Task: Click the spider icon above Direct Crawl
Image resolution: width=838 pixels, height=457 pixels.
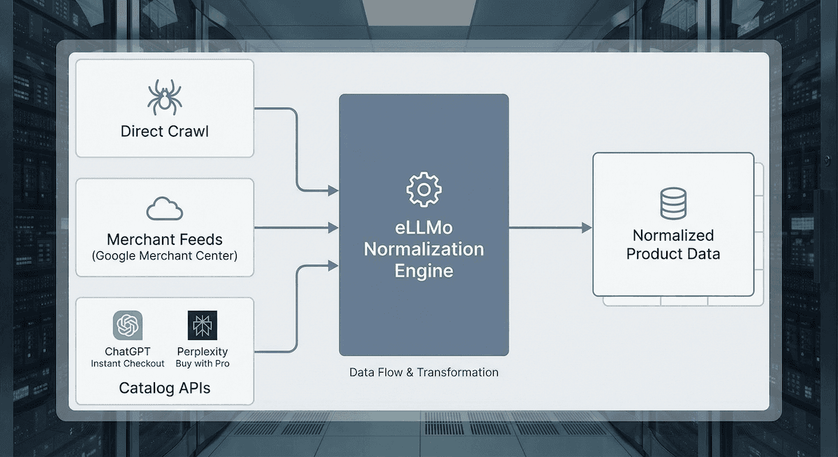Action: pos(164,98)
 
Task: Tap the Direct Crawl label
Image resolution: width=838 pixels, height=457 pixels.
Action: pos(164,131)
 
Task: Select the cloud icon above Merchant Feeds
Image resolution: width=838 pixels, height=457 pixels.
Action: pos(164,209)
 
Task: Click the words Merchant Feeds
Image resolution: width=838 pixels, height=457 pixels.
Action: pos(164,239)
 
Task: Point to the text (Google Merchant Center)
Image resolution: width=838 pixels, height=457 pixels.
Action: pos(164,256)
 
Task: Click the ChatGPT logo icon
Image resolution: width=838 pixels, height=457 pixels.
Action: pos(128,325)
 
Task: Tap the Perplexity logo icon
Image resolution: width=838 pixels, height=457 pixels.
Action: pos(203,325)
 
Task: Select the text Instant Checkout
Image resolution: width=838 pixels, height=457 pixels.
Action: pos(128,364)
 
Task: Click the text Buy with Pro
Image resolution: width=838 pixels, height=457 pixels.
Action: pos(203,364)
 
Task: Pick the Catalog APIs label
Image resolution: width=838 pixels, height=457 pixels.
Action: pos(164,387)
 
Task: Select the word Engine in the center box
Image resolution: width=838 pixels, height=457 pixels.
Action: pos(424,270)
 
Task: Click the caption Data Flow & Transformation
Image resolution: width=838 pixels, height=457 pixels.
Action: pos(424,373)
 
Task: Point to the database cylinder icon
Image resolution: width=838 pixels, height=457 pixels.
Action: pos(673,204)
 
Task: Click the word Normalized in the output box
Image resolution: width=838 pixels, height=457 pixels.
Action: pos(673,235)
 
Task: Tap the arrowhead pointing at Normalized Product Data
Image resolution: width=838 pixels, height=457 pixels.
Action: pos(587,228)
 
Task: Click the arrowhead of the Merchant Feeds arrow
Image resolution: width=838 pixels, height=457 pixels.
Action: pos(333,228)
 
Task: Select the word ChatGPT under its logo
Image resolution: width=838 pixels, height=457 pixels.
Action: pos(128,352)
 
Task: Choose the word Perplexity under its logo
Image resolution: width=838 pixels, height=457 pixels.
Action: pos(203,352)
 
